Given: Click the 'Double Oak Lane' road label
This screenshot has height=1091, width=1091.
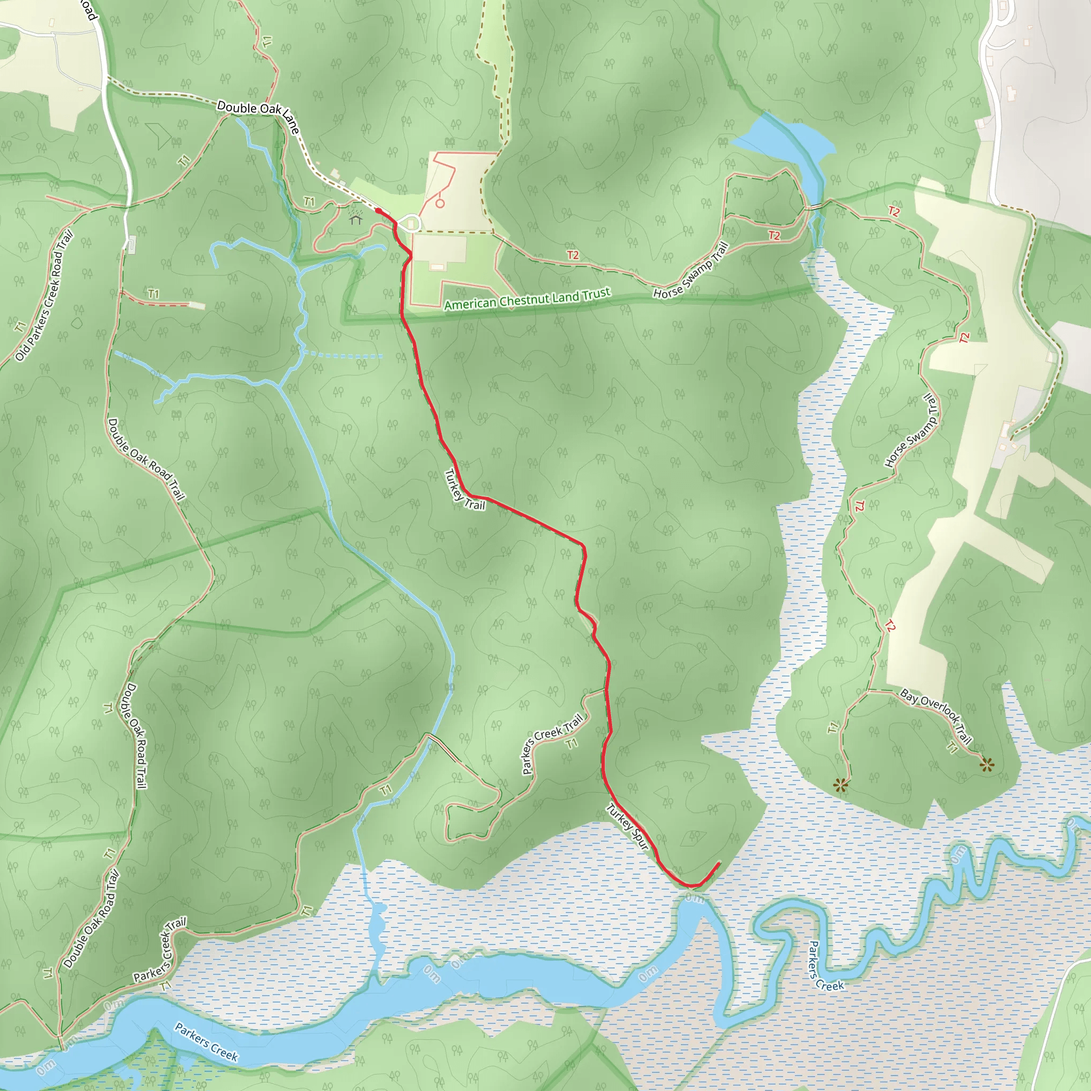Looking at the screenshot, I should [258, 116].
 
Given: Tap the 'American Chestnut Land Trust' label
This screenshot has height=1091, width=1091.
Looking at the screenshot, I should [527, 299].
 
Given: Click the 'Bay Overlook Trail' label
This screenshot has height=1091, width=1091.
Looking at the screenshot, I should [935, 715].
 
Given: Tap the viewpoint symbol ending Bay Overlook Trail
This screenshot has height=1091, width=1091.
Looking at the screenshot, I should [987, 764].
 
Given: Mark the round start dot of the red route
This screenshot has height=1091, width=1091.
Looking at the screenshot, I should [378, 211].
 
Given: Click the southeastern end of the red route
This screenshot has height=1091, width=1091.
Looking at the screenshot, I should [718, 864].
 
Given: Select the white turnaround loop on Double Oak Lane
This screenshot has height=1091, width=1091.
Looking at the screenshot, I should [412, 223].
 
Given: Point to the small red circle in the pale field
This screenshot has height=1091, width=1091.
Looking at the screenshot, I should [440, 203].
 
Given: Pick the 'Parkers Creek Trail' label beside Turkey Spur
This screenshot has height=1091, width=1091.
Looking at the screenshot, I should [552, 744].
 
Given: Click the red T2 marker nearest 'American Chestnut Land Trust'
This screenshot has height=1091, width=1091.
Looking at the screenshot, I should [573, 255].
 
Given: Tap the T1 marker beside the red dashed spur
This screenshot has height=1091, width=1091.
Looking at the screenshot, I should [153, 294].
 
